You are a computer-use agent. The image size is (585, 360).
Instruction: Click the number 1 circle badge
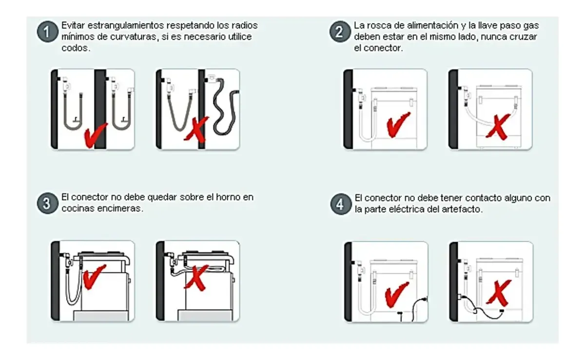coord(47,32)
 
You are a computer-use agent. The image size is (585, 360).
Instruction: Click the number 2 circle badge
coord(339,32)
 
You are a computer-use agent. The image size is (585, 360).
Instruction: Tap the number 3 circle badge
coord(47,203)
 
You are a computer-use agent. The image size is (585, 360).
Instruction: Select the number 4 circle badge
coord(341,204)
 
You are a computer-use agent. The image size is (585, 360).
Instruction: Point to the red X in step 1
coord(196,129)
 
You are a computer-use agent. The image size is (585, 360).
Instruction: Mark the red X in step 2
coord(498,127)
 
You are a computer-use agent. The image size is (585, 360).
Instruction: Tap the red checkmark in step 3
coord(94,277)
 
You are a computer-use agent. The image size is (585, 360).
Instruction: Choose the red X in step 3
coord(196,278)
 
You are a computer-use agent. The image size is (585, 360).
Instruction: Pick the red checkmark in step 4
coord(396,294)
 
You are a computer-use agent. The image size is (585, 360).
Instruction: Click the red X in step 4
coord(498,293)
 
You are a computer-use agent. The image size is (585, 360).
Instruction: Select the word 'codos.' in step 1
coord(76,48)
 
